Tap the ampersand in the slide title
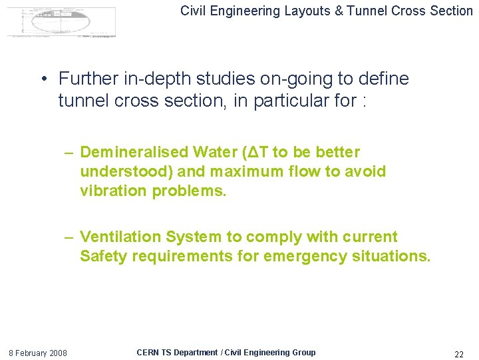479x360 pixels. [x=341, y=10]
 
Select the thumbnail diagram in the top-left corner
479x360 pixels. [x=61, y=21]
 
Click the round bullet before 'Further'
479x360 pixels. [x=43, y=79]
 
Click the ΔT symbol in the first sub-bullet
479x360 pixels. [x=256, y=152]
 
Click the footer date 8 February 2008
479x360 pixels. [x=37, y=353]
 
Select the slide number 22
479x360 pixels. [x=458, y=353]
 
